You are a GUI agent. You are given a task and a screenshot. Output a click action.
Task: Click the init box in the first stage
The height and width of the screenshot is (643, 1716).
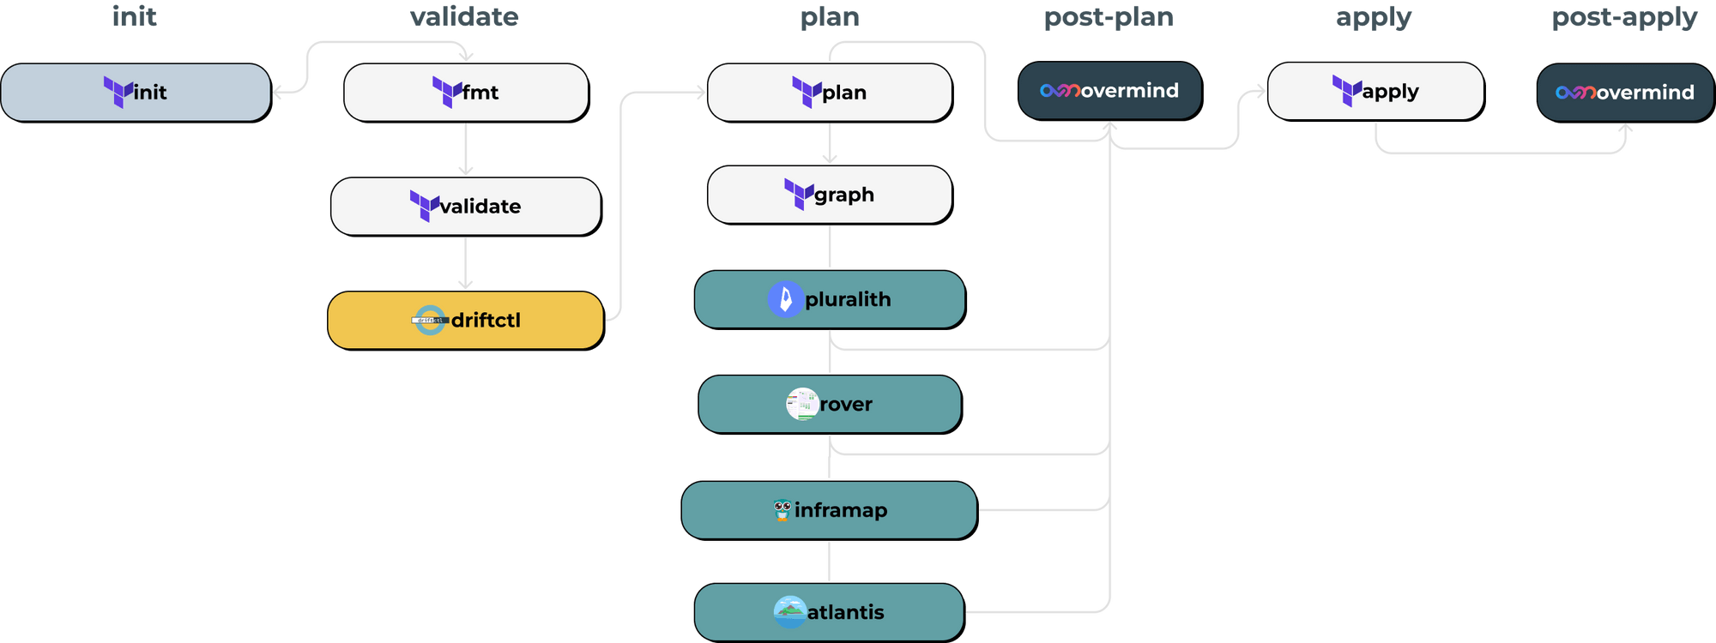(x=136, y=92)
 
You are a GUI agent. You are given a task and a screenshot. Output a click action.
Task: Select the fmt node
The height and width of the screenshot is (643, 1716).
(x=466, y=92)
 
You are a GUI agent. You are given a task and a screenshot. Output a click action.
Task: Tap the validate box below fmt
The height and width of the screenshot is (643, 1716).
(x=466, y=206)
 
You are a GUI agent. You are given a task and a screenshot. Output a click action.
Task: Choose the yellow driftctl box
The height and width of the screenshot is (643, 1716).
(x=466, y=320)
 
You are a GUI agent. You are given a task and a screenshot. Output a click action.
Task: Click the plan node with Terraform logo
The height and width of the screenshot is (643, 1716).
(x=830, y=92)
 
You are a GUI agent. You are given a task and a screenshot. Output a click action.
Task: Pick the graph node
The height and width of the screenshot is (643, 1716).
(x=830, y=195)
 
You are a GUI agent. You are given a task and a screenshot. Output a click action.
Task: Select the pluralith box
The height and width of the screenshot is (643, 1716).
(x=830, y=299)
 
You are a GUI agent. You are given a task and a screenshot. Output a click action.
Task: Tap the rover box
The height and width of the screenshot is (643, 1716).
(x=830, y=404)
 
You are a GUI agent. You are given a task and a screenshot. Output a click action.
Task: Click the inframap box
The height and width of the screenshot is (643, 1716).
(x=830, y=510)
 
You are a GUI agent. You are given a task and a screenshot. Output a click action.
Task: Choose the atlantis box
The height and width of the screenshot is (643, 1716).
(x=830, y=612)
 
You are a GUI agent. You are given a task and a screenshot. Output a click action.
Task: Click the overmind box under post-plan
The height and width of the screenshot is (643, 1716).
(x=1109, y=90)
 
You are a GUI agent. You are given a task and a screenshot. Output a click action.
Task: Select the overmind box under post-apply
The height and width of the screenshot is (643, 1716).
(x=1625, y=92)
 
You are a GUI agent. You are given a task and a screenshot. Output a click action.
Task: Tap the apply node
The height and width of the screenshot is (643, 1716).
(x=1375, y=91)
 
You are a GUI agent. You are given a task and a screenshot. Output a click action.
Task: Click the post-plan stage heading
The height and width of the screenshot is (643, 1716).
(x=1108, y=17)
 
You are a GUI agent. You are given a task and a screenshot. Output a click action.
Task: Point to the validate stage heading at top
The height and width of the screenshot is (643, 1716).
(x=464, y=17)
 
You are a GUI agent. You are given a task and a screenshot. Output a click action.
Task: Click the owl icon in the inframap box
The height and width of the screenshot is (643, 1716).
(x=782, y=510)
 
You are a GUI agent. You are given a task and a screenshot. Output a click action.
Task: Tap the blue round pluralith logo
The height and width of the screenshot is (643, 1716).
(x=785, y=299)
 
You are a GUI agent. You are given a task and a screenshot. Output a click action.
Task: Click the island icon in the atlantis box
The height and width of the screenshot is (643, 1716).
(x=789, y=612)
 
